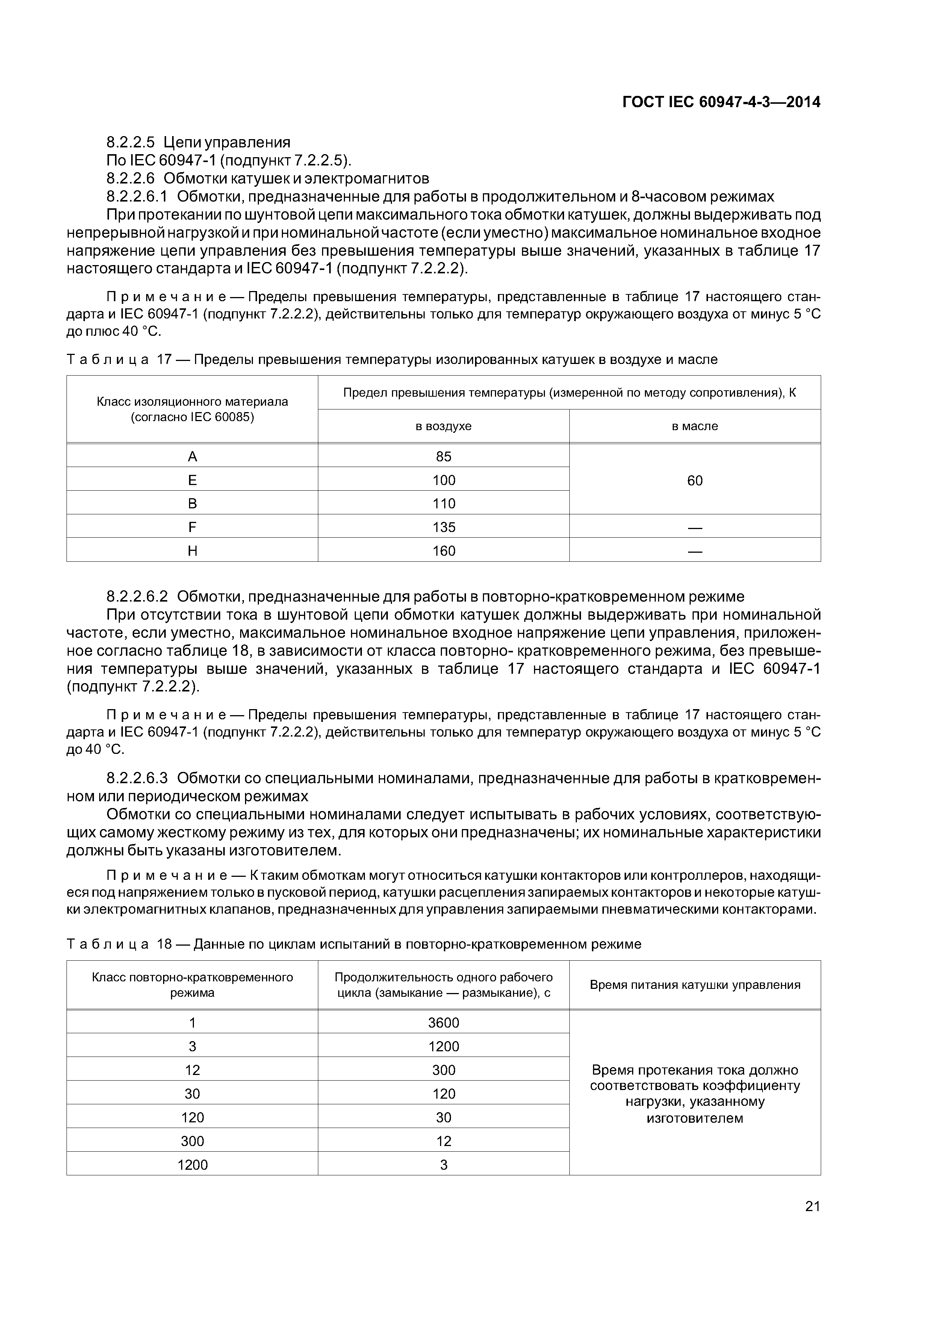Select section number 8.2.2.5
coord(130,142)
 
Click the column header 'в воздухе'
coord(443,426)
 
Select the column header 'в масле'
coord(695,426)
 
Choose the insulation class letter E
coord(192,480)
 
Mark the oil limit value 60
coord(695,480)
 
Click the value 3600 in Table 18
coord(443,1023)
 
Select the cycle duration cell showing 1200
coord(443,1046)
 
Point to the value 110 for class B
coord(443,504)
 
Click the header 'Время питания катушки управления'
coord(695,985)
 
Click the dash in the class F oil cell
coord(695,528)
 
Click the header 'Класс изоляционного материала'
coord(192,402)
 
